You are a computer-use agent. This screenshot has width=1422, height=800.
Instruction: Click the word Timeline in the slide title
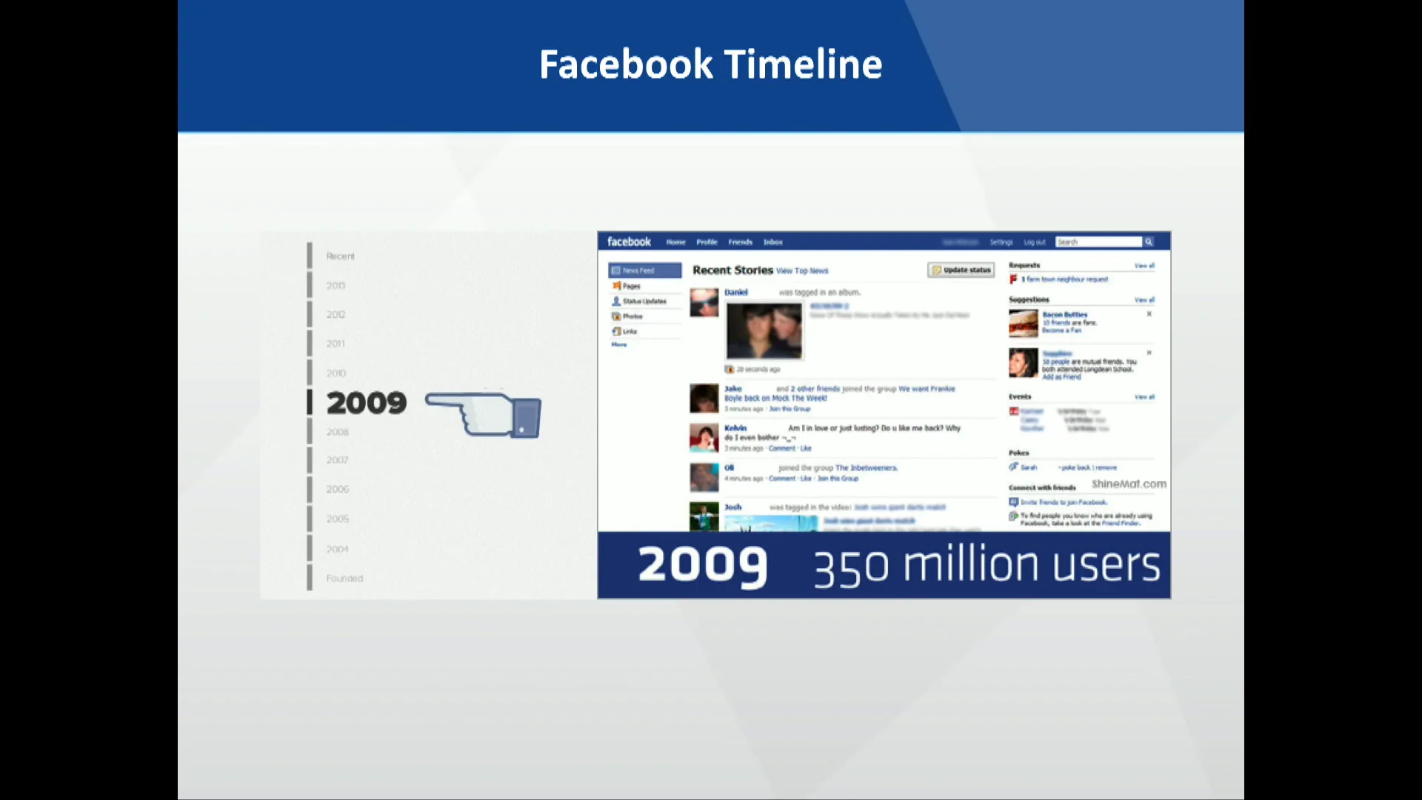(803, 64)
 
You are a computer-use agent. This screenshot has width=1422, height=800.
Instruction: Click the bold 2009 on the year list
(367, 403)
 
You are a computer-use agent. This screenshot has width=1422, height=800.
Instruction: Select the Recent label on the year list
(341, 256)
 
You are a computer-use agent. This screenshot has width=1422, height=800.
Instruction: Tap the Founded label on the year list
(344, 579)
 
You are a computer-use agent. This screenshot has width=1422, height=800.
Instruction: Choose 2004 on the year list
(337, 549)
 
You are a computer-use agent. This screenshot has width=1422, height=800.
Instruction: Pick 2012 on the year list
(336, 314)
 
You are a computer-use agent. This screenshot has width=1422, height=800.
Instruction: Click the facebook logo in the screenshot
(629, 242)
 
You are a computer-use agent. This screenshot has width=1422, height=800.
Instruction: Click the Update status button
(961, 270)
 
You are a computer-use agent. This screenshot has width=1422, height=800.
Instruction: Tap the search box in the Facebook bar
(1099, 242)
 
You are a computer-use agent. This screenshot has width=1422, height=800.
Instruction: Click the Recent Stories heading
(732, 270)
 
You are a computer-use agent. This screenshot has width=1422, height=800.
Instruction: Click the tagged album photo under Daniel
(764, 330)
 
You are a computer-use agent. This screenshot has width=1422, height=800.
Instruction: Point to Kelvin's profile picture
(704, 438)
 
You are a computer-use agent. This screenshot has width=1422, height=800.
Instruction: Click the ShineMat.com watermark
(1129, 484)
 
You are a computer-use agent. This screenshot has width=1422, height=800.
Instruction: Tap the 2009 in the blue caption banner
(702, 565)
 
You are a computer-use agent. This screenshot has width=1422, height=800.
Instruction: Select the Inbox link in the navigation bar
(772, 242)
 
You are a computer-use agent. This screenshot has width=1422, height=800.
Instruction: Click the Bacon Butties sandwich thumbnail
(1023, 324)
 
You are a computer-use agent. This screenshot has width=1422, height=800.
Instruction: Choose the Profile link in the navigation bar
(707, 242)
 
